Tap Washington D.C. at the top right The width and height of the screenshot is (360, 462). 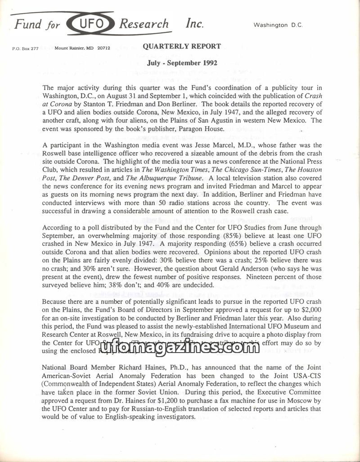coord(278,25)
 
